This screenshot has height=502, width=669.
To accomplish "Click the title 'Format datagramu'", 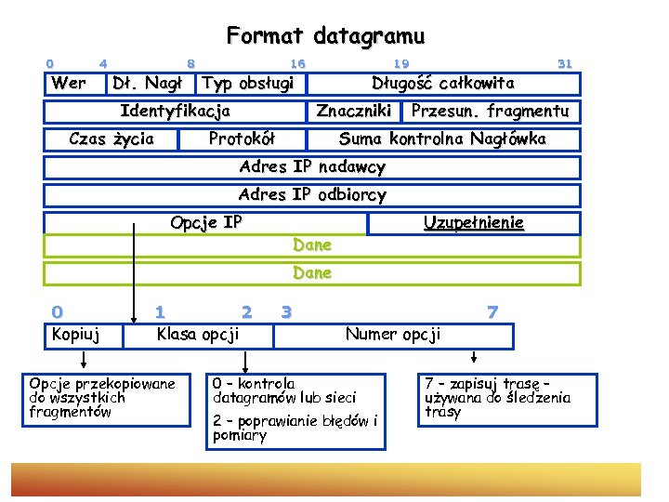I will point(325,36).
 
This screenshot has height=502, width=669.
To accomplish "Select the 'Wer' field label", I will point(69,84).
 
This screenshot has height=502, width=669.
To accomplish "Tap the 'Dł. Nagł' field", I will point(146,84).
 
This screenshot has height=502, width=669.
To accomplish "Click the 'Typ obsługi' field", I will point(248,84).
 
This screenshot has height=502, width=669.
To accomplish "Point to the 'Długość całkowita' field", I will point(442,84).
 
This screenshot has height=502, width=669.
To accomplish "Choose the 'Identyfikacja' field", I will point(175,112).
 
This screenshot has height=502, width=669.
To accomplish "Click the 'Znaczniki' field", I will point(353,112).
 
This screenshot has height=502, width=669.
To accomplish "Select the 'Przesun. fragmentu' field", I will point(490,112).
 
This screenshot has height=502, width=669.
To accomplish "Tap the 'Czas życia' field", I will point(111,139).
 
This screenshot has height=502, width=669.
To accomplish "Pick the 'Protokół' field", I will point(242,139).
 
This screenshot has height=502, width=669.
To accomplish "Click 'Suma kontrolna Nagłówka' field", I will point(442,139).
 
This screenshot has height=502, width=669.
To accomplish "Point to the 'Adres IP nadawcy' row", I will point(312,167).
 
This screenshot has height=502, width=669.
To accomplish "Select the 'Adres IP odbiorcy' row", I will point(312,195).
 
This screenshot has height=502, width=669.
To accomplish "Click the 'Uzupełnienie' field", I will point(474,223).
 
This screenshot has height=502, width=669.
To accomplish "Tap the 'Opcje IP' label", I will point(206,223).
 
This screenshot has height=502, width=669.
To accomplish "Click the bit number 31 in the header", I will point(564,64).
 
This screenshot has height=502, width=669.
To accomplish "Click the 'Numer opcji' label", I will point(393,334).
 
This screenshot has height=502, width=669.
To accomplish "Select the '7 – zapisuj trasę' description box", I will point(498,397).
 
